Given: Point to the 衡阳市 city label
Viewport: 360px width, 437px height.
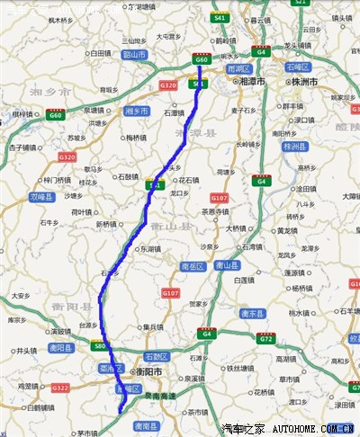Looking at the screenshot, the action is tap(147, 370).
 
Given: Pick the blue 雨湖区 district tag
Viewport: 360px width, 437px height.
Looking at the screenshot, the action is tap(238, 68).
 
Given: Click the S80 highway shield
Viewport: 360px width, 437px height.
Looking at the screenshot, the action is tap(99, 345).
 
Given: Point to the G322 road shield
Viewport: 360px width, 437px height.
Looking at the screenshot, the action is tap(60, 388).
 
